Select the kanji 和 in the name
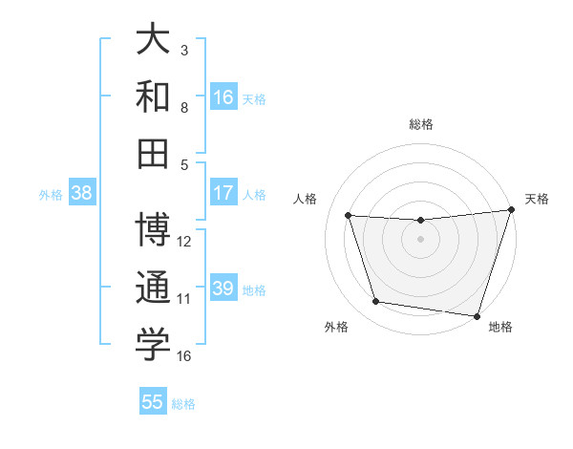(x=153, y=96)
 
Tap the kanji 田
(x=153, y=151)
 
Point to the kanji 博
(x=153, y=229)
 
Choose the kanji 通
(x=153, y=288)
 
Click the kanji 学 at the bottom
(x=153, y=345)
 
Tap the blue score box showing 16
(x=223, y=96)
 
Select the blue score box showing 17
(x=223, y=193)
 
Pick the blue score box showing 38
(x=82, y=193)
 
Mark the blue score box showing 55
(x=153, y=402)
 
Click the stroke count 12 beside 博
(x=184, y=242)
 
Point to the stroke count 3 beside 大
(x=184, y=50)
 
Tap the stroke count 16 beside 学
(x=184, y=356)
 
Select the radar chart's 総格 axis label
(x=421, y=124)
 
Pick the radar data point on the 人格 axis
(x=349, y=216)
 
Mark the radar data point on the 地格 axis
(x=476, y=315)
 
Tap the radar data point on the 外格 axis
(x=376, y=302)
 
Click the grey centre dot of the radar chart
(x=421, y=240)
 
